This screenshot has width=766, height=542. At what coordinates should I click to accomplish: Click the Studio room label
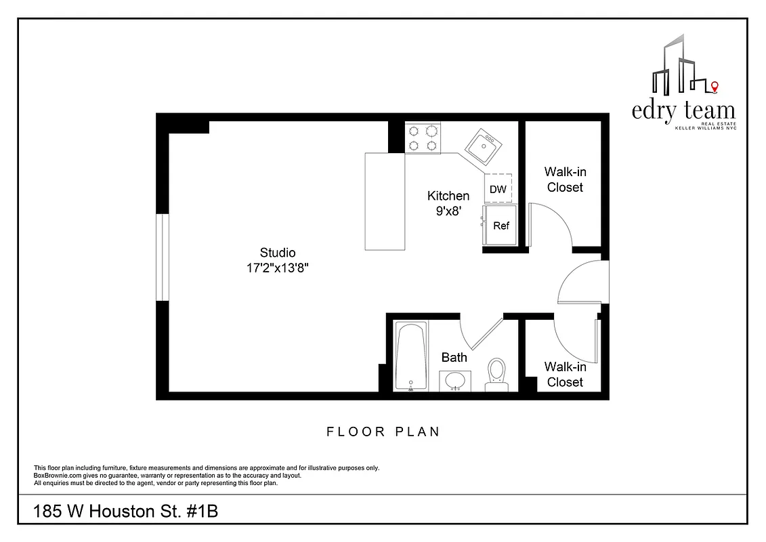click(x=278, y=253)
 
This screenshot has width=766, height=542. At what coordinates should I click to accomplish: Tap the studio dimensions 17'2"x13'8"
click(x=278, y=268)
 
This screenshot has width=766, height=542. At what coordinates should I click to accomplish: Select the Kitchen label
click(x=448, y=196)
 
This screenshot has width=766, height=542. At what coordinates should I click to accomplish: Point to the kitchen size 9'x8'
click(x=448, y=211)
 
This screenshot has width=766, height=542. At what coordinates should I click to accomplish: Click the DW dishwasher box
click(x=498, y=189)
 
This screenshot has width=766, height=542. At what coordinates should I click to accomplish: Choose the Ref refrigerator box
click(x=501, y=226)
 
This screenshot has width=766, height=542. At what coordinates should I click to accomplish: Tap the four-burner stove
click(x=423, y=138)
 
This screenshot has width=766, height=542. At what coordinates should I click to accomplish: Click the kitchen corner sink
click(x=483, y=144)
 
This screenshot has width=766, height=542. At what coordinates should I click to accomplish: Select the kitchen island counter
click(x=385, y=201)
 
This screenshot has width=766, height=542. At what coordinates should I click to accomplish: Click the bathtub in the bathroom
click(x=411, y=357)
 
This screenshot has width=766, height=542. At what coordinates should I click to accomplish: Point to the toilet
click(x=497, y=375)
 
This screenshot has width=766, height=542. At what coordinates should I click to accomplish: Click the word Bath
click(x=454, y=357)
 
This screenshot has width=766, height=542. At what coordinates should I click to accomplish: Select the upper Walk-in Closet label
click(x=565, y=180)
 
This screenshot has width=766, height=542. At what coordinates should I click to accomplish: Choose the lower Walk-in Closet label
click(x=565, y=374)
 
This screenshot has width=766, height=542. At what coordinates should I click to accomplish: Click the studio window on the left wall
click(x=162, y=257)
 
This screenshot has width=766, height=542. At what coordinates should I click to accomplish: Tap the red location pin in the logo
click(x=715, y=86)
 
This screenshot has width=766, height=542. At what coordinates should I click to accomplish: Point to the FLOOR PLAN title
click(x=383, y=432)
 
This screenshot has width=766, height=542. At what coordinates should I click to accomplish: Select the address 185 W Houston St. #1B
click(x=126, y=512)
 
